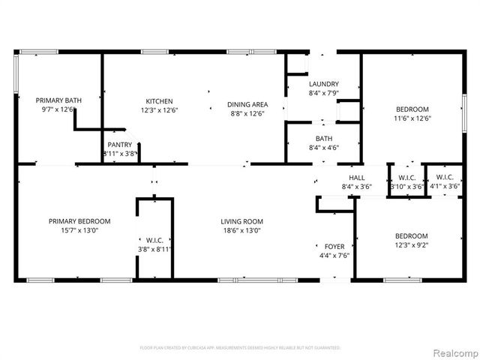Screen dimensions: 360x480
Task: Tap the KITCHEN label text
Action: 159,100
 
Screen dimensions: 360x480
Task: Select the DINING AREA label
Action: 248,104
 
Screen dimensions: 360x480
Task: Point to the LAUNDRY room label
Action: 323,84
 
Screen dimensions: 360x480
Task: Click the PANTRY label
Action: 120,145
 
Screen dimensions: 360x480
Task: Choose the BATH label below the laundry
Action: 324,139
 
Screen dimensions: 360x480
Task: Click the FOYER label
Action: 334,246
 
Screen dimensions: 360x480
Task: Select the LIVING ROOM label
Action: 241,221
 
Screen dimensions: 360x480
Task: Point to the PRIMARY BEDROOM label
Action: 79,221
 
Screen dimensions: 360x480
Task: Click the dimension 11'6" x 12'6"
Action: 412,118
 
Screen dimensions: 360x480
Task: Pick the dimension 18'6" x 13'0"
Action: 241,230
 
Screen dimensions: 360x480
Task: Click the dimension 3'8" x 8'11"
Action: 154,249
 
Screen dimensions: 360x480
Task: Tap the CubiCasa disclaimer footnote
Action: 240,348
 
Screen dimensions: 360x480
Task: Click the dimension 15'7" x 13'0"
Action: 79,230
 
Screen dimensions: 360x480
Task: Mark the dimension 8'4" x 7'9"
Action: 323,93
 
